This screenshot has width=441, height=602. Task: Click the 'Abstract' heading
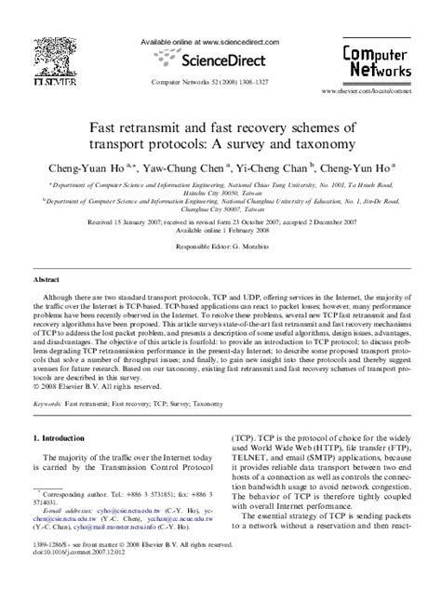(x=46, y=278)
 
